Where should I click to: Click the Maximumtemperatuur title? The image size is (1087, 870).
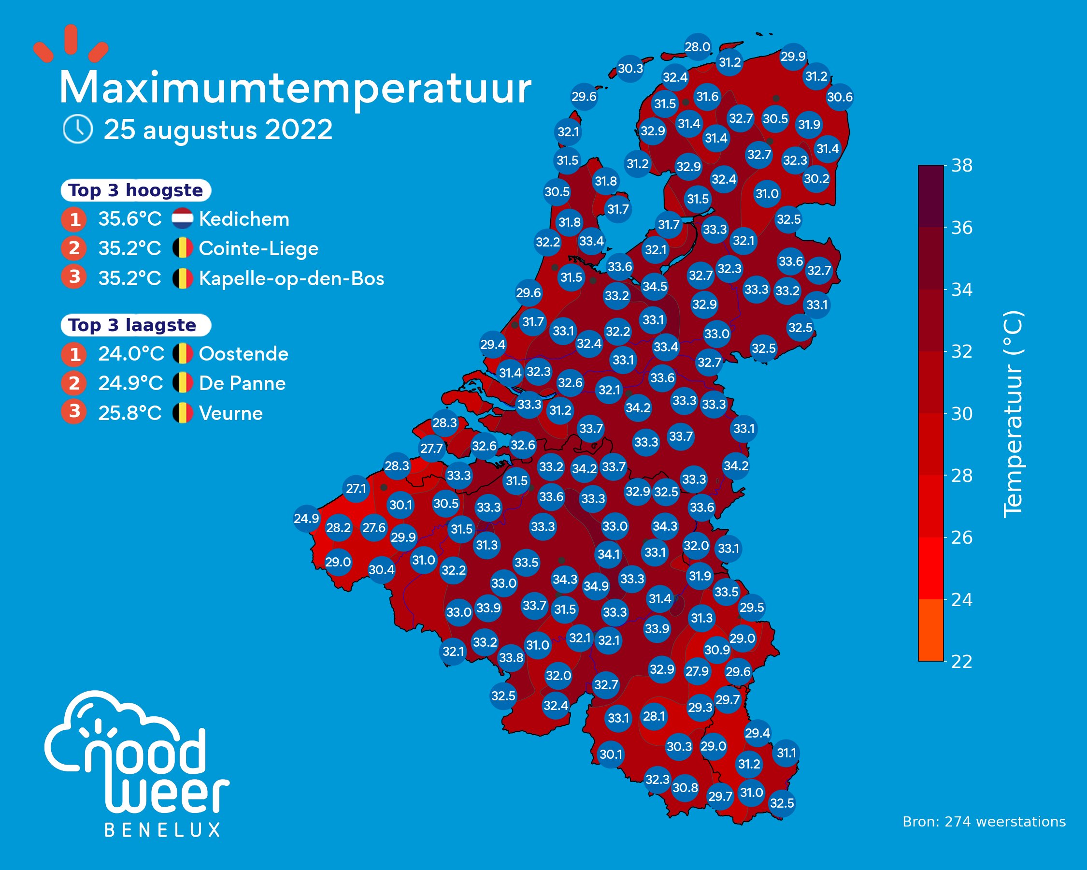(295, 89)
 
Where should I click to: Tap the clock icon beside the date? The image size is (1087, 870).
(78, 129)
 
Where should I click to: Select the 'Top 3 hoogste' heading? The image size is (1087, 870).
(135, 190)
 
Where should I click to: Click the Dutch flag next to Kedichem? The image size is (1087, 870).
(182, 219)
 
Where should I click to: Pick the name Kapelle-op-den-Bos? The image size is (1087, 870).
(291, 278)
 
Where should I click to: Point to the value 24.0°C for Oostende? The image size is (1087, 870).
(131, 354)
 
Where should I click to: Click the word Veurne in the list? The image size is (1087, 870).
(231, 414)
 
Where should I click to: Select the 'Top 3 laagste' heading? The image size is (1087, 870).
(132, 325)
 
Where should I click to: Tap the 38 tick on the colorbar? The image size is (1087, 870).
(961, 166)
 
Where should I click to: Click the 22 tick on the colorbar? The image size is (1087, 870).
(961, 661)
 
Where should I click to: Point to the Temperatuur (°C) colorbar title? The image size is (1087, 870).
(1013, 414)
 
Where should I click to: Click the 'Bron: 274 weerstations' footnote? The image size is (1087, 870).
(984, 822)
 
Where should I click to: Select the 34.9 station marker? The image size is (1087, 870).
(596, 586)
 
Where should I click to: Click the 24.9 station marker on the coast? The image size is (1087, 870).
(307, 518)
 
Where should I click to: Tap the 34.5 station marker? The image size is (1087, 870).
(655, 287)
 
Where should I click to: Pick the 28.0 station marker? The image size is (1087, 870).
(697, 47)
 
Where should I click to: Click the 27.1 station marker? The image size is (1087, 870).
(356, 488)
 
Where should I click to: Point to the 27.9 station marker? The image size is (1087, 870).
(697, 671)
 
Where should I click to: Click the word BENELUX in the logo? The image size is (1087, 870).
(162, 830)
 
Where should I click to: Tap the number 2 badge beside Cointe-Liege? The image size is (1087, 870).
(74, 248)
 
